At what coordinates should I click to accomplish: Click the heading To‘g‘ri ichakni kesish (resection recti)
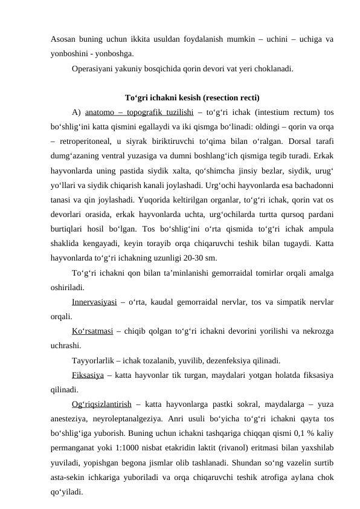(x=192, y=97)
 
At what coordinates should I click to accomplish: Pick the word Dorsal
(x=275, y=141)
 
